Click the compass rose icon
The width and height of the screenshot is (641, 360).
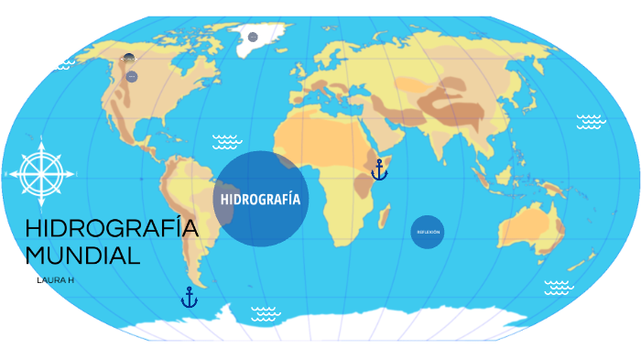click(x=41, y=171)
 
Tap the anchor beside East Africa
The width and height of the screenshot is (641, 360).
click(x=379, y=169)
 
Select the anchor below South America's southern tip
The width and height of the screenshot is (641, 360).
click(x=189, y=297)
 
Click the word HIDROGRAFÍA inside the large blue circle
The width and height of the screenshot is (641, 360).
click(x=261, y=199)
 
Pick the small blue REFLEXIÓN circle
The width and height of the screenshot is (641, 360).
click(x=428, y=232)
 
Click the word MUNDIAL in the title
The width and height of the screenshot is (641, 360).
click(x=82, y=256)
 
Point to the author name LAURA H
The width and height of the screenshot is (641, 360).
click(x=54, y=279)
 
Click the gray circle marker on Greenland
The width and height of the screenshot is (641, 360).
click(x=253, y=37)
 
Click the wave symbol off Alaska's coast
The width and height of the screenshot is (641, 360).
click(x=64, y=64)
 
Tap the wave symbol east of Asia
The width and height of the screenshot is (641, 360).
click(x=591, y=121)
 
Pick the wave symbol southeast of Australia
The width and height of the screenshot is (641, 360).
click(x=559, y=288)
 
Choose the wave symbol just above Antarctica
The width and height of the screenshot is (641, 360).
click(x=266, y=314)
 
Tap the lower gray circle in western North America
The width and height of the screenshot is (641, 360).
click(x=132, y=77)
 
